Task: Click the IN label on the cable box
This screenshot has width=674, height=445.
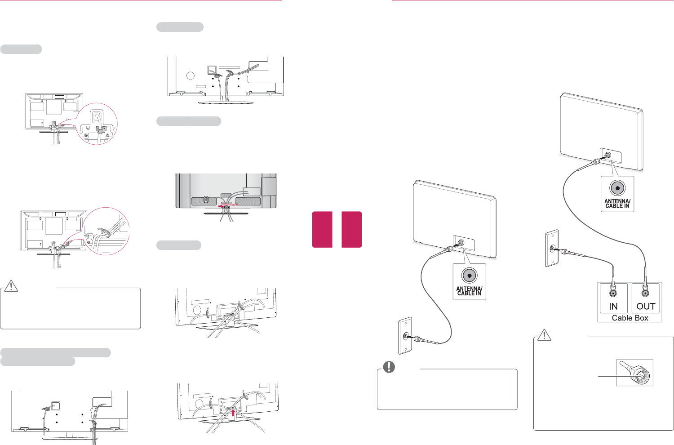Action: point(613,306)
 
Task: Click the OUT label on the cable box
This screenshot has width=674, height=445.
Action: point(646,306)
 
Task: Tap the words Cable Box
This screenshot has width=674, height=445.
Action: point(630,318)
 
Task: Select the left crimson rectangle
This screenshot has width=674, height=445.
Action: point(322,229)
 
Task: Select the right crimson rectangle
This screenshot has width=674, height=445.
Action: point(351,229)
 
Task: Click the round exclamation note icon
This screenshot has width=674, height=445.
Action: point(389,367)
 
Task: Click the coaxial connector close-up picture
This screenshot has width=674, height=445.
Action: point(634,373)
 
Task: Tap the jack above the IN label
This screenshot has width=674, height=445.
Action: point(613,293)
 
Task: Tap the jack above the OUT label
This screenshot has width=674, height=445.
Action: point(646,293)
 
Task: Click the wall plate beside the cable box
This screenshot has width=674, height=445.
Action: point(551,249)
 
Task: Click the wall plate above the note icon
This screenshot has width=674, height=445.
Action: point(405,336)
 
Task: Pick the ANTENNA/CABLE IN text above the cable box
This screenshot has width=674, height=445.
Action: point(617,204)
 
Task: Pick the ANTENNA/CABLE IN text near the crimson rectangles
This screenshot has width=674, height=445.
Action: point(469,291)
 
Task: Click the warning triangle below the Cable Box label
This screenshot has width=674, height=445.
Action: point(544,335)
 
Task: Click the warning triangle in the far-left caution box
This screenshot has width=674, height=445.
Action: point(11,285)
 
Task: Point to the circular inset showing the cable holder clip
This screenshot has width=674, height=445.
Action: point(97,124)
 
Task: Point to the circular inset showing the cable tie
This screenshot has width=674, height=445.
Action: point(106,231)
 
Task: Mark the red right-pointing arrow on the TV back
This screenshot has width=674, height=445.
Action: point(221,207)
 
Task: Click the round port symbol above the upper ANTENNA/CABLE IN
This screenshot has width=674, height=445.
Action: point(617,189)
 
